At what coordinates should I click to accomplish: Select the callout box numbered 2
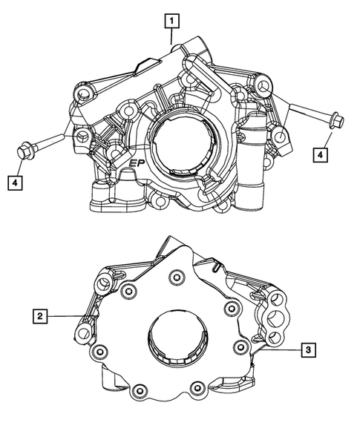[x=42, y=317]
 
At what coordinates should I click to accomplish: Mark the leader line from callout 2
[x=66, y=317]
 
